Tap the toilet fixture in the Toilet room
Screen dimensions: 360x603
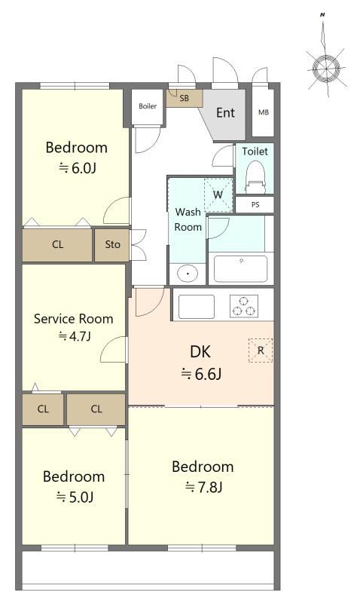pyautogui.click(x=255, y=176)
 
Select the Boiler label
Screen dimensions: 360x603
pyautogui.click(x=148, y=106)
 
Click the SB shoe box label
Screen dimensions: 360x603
pyautogui.click(x=185, y=98)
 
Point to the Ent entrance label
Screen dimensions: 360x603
pyautogui.click(x=225, y=112)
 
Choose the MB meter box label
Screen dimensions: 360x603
pyautogui.click(x=264, y=112)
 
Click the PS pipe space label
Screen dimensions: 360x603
pyautogui.click(x=255, y=204)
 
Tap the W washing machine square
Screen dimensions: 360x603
pyautogui.click(x=218, y=194)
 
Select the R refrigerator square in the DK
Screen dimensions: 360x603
pyautogui.click(x=261, y=350)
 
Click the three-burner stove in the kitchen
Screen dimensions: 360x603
pyautogui.click(x=244, y=306)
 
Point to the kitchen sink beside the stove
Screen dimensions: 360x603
pyautogui.click(x=197, y=307)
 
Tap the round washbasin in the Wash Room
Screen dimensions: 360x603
pyautogui.click(x=188, y=274)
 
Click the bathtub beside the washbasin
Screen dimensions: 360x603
pyautogui.click(x=241, y=269)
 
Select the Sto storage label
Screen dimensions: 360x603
pyautogui.click(x=112, y=244)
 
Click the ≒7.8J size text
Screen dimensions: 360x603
pyautogui.click(x=203, y=488)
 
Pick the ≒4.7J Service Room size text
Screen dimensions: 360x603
pyautogui.click(x=75, y=337)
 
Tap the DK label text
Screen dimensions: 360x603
pyautogui.click(x=200, y=351)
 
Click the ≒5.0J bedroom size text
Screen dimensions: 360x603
pyautogui.click(x=75, y=497)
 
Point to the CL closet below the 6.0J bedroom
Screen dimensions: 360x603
pyautogui.click(x=58, y=244)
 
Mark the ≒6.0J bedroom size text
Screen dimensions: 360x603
pyautogui.click(x=77, y=168)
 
